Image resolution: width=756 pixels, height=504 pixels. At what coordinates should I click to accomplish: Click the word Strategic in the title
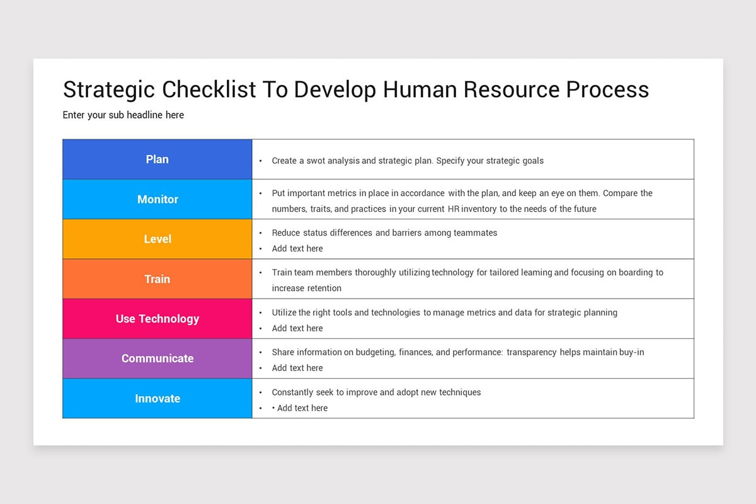109,90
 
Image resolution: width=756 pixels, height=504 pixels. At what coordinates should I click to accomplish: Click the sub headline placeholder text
123,115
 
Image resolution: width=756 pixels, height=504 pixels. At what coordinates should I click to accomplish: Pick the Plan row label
157,159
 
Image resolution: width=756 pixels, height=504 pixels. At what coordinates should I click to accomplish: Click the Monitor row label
157,199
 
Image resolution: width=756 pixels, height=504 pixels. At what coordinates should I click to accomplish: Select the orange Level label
157,239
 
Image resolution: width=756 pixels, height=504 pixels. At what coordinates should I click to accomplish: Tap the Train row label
157,279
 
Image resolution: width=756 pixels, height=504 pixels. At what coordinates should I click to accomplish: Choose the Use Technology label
157,319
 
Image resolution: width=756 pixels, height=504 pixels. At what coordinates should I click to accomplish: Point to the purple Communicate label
157,358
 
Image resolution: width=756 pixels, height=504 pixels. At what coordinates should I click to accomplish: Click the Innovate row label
157,399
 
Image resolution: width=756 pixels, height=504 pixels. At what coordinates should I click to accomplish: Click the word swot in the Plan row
316,161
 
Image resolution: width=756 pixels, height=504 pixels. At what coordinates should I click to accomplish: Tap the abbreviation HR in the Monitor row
454,209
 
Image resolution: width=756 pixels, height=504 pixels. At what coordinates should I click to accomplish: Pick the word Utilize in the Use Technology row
284,312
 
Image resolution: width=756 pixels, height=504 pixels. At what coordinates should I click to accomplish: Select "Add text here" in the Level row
297,249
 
